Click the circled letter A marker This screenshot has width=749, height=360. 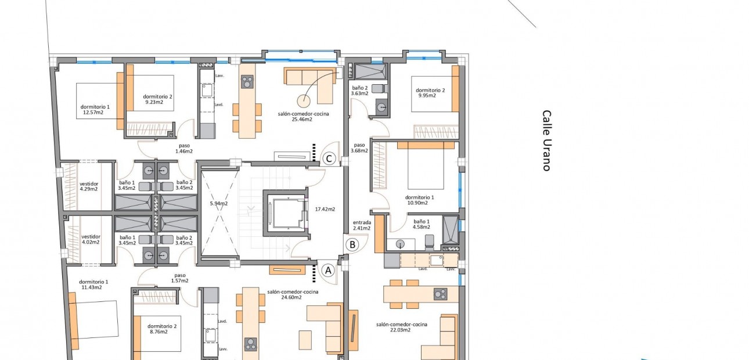328,270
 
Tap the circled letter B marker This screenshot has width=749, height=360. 352,244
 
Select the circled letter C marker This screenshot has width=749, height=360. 329,159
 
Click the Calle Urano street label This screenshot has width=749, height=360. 546,141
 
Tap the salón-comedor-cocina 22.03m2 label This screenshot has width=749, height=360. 402,327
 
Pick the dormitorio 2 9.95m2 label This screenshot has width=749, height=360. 430,93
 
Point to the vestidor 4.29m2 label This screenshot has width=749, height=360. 89,185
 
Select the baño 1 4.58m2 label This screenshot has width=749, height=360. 422,225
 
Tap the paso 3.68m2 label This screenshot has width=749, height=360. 359,148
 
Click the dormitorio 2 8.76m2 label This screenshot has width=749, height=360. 157,329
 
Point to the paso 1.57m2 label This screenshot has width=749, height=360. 180,278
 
